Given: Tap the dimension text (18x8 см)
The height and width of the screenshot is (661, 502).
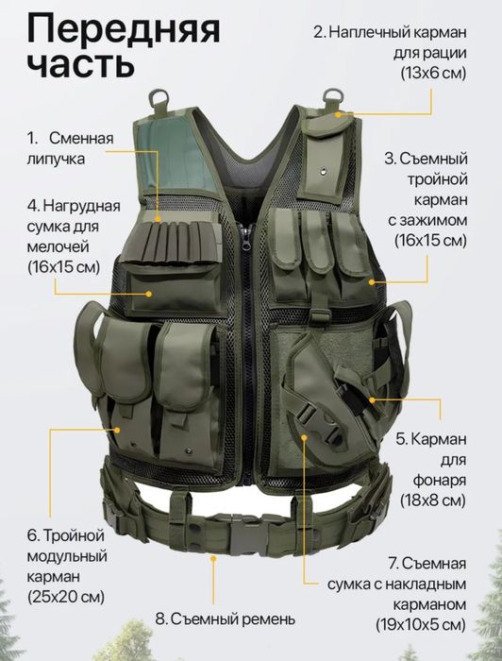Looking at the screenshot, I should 432,499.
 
